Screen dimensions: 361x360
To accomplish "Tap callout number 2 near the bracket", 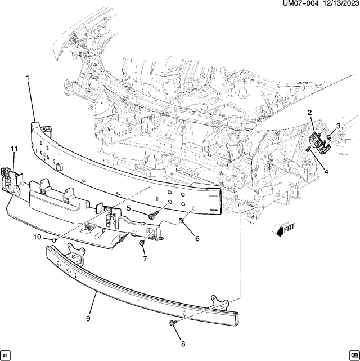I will [309, 114].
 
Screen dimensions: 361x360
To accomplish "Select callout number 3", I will [338, 126].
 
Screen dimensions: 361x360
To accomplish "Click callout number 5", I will [128, 209].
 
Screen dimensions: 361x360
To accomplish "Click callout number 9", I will [88, 318].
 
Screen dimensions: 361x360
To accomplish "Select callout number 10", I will [37, 237].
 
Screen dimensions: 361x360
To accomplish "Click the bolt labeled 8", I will [172, 323].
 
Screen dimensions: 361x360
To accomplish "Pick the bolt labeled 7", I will [141, 243].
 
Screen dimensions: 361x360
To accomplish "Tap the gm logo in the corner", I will [353, 355].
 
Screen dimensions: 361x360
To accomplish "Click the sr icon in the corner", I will [6, 355].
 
